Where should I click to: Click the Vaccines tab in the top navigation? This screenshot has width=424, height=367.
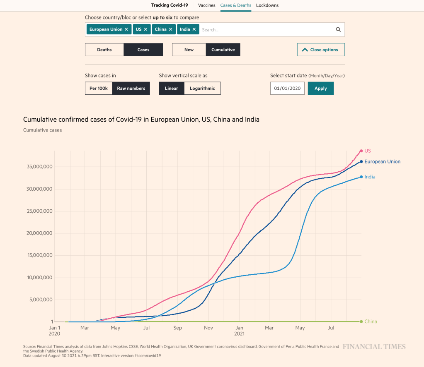point(207,5)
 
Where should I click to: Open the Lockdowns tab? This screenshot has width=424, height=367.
point(267,5)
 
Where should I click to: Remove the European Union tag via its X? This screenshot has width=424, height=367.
point(126,29)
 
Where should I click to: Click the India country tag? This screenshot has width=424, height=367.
point(185,29)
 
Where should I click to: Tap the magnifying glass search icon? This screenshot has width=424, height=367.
point(338,29)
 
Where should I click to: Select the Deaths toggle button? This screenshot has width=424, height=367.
point(104,50)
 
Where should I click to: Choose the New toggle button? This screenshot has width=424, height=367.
point(189,50)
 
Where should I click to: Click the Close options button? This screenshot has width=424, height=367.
point(321,50)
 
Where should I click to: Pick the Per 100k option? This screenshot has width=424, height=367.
point(99,88)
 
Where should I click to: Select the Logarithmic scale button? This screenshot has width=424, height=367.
point(202,88)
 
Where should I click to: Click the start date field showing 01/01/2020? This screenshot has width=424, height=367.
point(287,88)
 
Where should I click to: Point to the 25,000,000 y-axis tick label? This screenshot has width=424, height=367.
point(38,211)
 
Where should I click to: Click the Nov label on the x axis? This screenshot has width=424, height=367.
point(208,328)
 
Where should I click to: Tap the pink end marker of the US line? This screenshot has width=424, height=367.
point(361,151)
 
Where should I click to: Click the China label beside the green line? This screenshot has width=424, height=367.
point(371,321)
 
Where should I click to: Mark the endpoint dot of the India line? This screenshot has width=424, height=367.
point(361,177)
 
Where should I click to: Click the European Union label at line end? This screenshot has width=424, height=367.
point(382,162)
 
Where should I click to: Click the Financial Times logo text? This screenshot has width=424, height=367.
point(374,347)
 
